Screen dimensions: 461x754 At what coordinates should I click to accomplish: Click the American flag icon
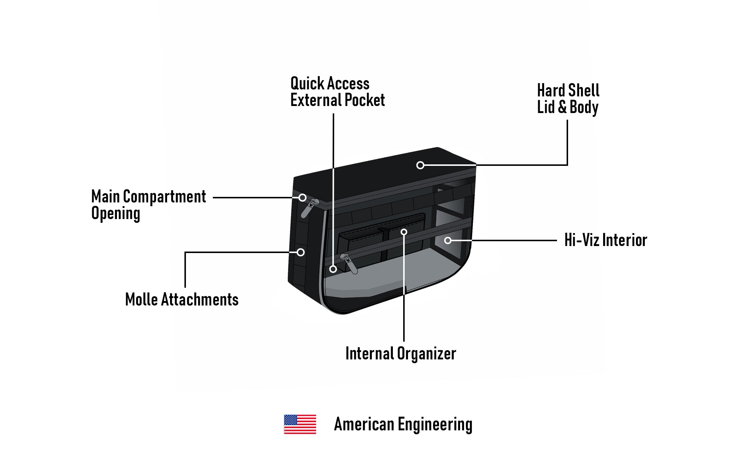pyautogui.click(x=300, y=424)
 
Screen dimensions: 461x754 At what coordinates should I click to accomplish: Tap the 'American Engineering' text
pyautogui.click(x=403, y=424)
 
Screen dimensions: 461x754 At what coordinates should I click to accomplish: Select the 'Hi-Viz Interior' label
pyautogui.click(x=606, y=240)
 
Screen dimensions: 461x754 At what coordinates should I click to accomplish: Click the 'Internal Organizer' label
pyautogui.click(x=401, y=354)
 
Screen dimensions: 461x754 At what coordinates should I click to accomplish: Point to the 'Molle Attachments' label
pyautogui.click(x=182, y=300)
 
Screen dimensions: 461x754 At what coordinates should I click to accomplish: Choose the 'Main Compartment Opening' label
pyautogui.click(x=148, y=205)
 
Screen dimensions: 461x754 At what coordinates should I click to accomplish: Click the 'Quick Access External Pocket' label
pyautogui.click(x=337, y=92)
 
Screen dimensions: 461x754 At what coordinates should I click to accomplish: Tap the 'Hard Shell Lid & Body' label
pyautogui.click(x=568, y=99)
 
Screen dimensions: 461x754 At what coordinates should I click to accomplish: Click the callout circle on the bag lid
pyautogui.click(x=420, y=165)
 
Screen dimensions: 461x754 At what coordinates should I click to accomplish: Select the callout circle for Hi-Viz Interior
pyautogui.click(x=448, y=240)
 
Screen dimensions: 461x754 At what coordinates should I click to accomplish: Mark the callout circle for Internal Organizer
pyautogui.click(x=404, y=232)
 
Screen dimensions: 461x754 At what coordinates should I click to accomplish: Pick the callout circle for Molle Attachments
pyautogui.click(x=301, y=252)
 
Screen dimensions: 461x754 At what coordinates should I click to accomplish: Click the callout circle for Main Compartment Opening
pyautogui.click(x=302, y=198)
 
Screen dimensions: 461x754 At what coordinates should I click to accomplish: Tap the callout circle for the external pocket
pyautogui.click(x=333, y=269)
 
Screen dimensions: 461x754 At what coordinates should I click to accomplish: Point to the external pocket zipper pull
pyautogui.click(x=349, y=263)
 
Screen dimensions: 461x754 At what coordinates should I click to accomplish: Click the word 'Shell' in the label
pyautogui.click(x=584, y=91)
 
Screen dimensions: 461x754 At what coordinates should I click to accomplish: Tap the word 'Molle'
pyautogui.click(x=141, y=300)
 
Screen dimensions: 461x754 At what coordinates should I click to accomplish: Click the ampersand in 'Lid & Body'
pyautogui.click(x=562, y=107)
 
